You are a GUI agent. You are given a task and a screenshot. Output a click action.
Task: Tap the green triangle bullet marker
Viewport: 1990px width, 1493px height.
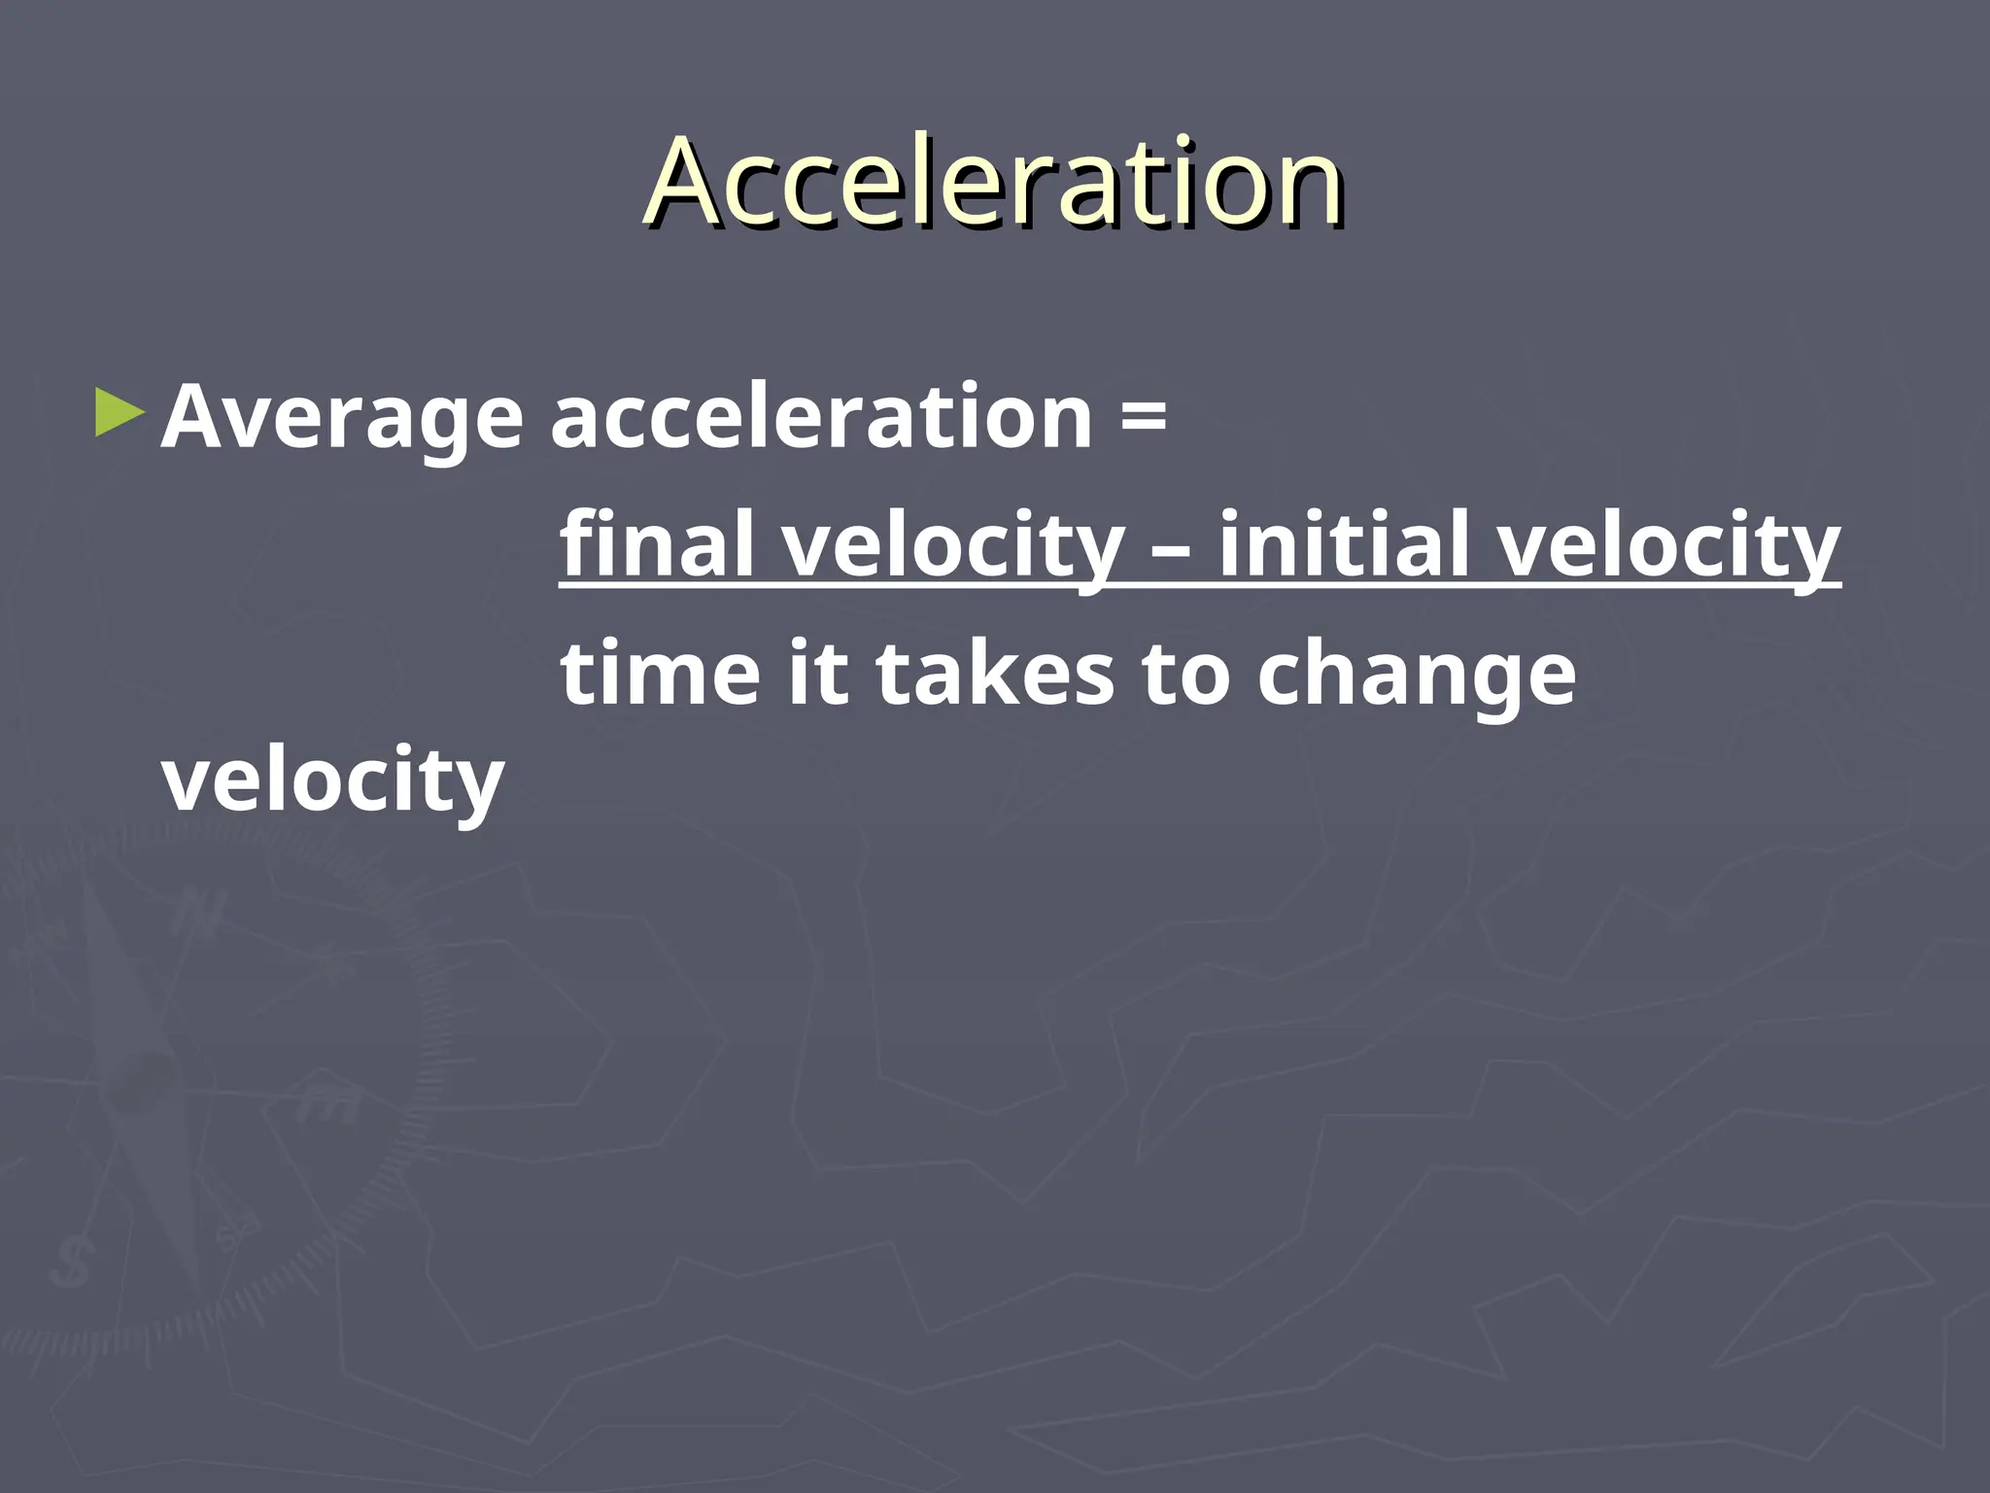(120, 414)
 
